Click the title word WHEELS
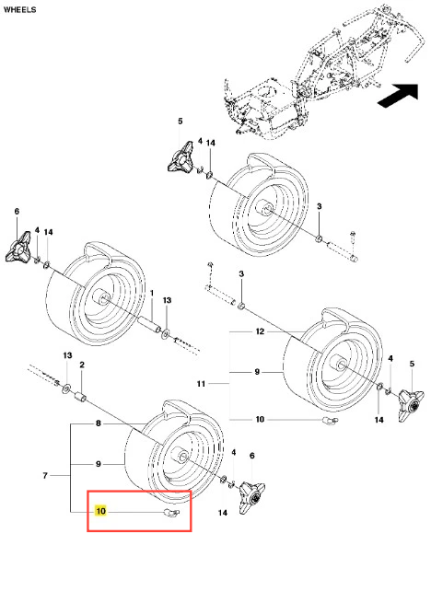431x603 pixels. point(19,9)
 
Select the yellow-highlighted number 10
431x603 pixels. point(100,511)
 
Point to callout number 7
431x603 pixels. point(45,476)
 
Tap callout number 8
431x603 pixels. point(99,423)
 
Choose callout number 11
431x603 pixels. point(201,383)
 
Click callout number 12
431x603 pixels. point(260,331)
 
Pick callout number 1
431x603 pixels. point(152,293)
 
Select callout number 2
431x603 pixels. point(82,365)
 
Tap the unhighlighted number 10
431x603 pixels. point(260,419)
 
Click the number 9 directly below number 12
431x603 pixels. point(257,372)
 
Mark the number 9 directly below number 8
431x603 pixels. point(99,464)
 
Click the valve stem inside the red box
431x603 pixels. point(170,512)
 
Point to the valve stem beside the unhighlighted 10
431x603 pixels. point(331,421)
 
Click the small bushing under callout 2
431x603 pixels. point(81,397)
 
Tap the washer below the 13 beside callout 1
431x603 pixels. point(167,333)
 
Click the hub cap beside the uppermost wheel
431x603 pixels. point(181,157)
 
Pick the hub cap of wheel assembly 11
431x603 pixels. point(411,405)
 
